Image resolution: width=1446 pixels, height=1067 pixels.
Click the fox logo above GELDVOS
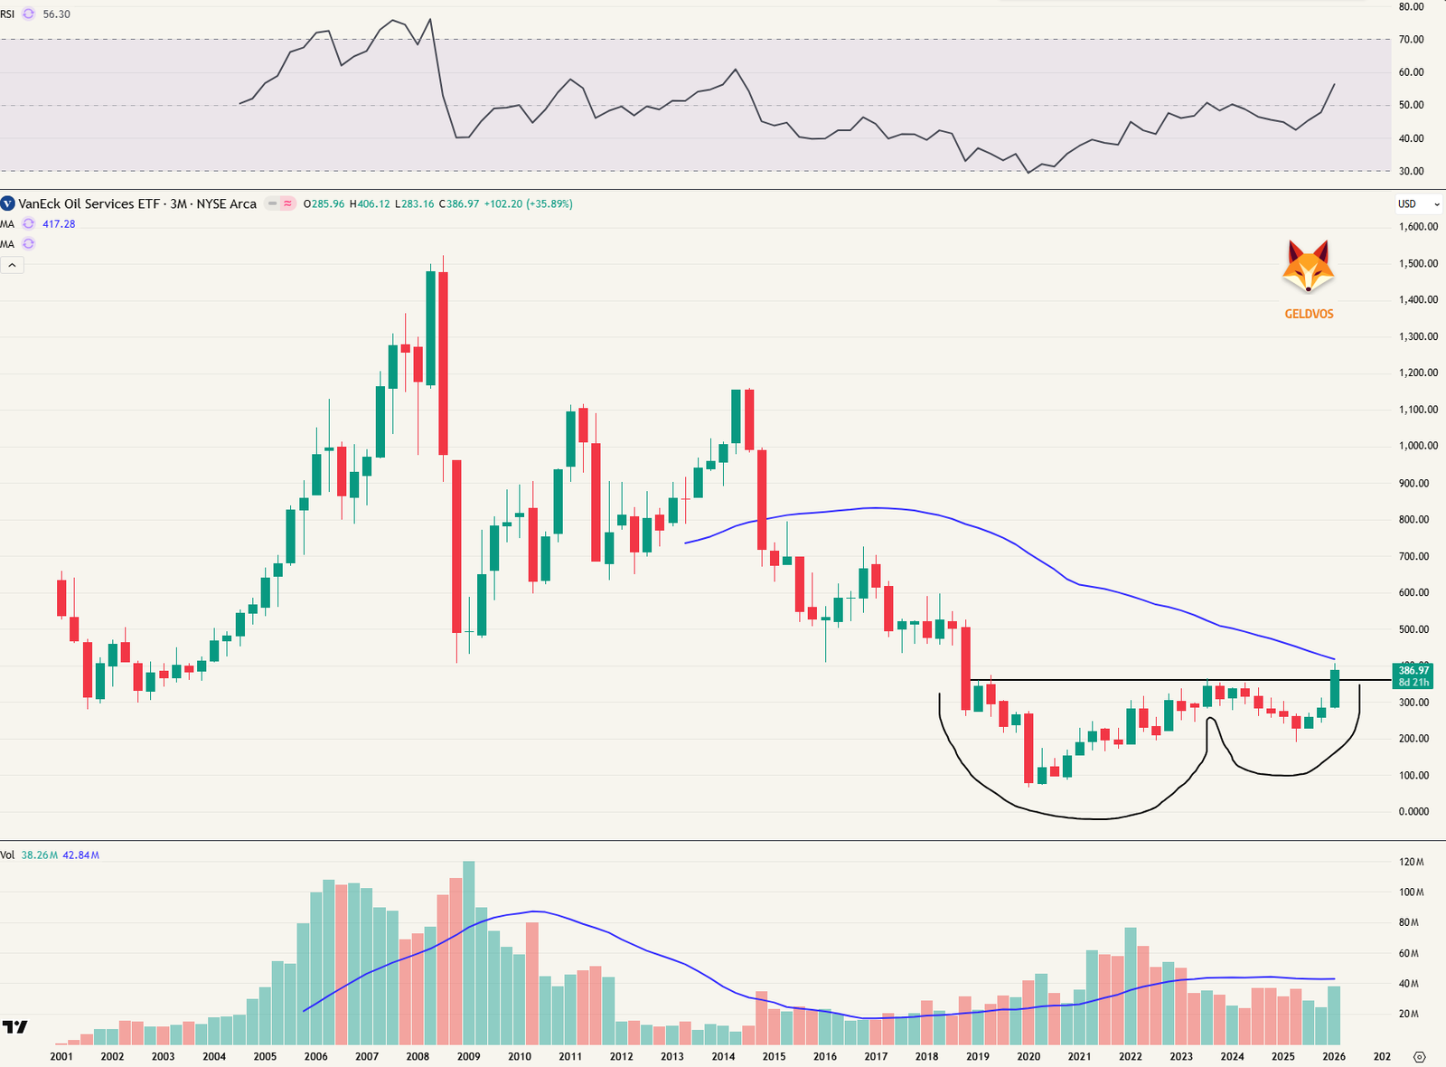pyautogui.click(x=1308, y=267)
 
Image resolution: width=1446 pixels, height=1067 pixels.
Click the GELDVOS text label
pyautogui.click(x=1309, y=315)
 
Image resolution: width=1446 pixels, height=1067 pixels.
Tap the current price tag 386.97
pyautogui.click(x=1413, y=671)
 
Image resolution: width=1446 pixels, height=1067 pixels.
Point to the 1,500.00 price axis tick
pyautogui.click(x=1418, y=264)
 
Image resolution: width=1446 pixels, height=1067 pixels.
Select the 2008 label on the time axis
pyautogui.click(x=418, y=1056)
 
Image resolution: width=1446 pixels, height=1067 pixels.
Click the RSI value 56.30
pyautogui.click(x=56, y=14)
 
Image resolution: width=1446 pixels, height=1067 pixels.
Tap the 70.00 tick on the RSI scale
pyautogui.click(x=1411, y=40)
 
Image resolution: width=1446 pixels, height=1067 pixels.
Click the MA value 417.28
pyautogui.click(x=59, y=224)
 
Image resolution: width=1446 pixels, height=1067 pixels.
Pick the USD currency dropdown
pyautogui.click(x=1418, y=204)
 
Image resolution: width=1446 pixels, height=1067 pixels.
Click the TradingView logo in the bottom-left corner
pyautogui.click(x=14, y=1027)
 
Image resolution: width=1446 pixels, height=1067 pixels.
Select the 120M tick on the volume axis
pyautogui.click(x=1411, y=863)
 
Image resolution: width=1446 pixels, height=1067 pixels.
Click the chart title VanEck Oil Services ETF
pyautogui.click(x=89, y=204)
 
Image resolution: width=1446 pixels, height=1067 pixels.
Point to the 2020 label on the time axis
pyautogui.click(x=1028, y=1056)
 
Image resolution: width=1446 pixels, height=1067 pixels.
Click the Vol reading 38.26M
pyautogui.click(x=40, y=855)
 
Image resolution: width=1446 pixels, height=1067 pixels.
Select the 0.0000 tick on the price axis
pyautogui.click(x=1413, y=812)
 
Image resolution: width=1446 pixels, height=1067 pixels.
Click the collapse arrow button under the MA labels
pyautogui.click(x=13, y=265)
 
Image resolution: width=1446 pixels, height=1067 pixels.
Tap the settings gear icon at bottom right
pyautogui.click(x=1419, y=1056)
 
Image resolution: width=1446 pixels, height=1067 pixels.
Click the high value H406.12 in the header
pyautogui.click(x=371, y=204)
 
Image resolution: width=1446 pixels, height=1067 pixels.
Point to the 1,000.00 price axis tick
pyautogui.click(x=1418, y=446)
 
